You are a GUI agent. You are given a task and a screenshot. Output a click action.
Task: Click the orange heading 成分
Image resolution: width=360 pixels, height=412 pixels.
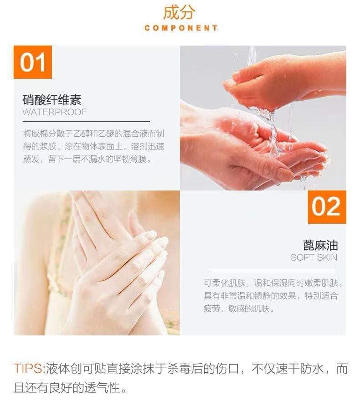(x=180, y=12)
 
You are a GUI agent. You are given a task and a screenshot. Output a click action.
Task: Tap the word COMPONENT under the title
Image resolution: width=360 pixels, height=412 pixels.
(x=181, y=28)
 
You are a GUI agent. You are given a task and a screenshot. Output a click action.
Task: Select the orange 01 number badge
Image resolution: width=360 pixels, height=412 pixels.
(x=33, y=62)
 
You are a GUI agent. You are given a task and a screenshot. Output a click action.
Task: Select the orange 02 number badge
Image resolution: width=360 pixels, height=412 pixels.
(x=327, y=207)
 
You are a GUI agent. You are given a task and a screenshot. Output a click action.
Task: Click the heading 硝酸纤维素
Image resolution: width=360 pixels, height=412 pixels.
(x=52, y=100)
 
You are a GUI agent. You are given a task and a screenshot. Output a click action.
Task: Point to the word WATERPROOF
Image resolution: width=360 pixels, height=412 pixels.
(x=54, y=112)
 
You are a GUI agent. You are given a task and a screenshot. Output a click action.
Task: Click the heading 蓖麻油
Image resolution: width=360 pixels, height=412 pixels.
(x=320, y=245)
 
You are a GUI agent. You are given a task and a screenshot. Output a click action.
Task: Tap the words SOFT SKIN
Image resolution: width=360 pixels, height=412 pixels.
(x=314, y=257)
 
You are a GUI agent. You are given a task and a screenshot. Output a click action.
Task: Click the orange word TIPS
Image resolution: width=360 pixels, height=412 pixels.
(x=29, y=368)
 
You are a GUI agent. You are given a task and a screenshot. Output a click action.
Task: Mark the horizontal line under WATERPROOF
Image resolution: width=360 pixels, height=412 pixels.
(x=86, y=122)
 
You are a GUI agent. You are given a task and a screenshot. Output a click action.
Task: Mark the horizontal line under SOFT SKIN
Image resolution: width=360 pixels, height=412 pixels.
(x=272, y=270)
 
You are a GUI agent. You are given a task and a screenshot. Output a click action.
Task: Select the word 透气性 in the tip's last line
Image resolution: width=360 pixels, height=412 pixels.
(x=102, y=387)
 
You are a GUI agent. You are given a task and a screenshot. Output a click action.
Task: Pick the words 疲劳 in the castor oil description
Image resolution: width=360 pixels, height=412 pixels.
(x=212, y=309)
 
